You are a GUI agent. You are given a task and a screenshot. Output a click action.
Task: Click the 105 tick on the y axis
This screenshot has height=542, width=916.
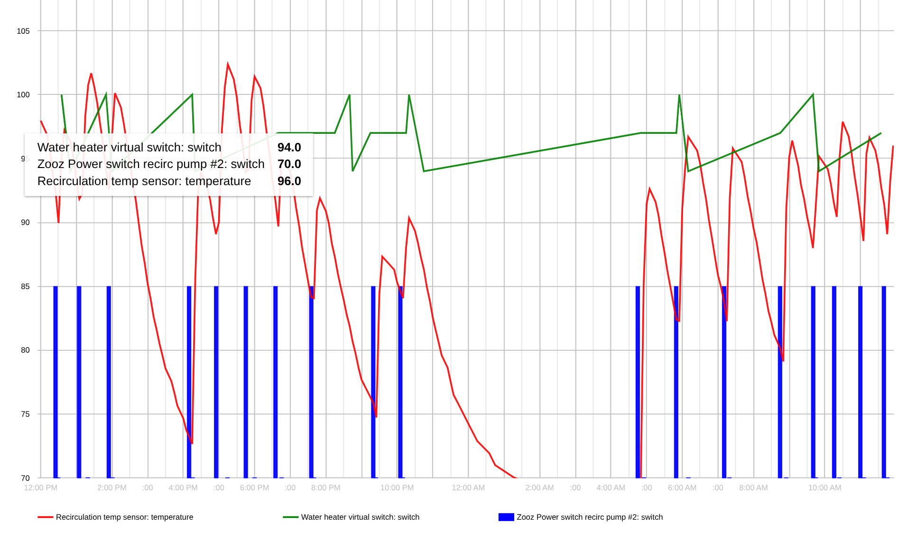coord(23,31)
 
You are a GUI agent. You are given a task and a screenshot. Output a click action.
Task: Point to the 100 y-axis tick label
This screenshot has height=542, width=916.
coord(23,95)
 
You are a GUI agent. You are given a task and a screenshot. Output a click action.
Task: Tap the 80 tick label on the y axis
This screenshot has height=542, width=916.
coord(25,350)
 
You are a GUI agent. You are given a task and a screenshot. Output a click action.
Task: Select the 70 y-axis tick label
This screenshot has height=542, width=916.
coord(25,478)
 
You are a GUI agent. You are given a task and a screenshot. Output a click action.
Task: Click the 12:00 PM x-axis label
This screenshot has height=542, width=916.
coord(41,488)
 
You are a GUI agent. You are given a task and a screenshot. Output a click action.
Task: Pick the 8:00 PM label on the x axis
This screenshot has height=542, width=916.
coord(326,488)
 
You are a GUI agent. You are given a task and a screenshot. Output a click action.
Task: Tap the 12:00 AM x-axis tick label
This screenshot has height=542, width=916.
coord(468,488)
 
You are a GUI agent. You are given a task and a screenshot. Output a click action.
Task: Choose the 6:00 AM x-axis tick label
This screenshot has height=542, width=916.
coord(682,488)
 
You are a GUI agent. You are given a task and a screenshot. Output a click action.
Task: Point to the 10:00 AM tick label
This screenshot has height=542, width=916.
coord(825,488)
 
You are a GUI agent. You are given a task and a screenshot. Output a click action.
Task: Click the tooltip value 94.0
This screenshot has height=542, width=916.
coord(289,148)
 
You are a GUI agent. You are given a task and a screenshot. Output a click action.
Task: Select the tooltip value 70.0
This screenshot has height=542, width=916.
coord(289,164)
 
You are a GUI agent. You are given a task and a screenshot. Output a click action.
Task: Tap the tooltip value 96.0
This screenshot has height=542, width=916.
coord(289,181)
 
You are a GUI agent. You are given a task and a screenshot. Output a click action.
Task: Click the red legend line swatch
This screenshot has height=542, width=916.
coord(46,517)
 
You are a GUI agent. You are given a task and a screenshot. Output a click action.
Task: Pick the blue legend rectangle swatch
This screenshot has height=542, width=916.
coord(506,517)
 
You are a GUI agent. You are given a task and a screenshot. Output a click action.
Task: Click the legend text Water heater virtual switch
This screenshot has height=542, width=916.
coord(360,517)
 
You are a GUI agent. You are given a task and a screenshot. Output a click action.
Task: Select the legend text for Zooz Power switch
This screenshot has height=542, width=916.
coord(590,517)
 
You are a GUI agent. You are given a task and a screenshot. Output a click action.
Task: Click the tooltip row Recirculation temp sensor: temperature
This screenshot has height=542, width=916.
coord(144,181)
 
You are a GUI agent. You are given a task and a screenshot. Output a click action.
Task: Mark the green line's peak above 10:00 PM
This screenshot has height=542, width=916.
coord(409,95)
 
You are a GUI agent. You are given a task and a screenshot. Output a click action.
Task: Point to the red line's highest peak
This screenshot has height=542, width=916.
coord(228,64)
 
